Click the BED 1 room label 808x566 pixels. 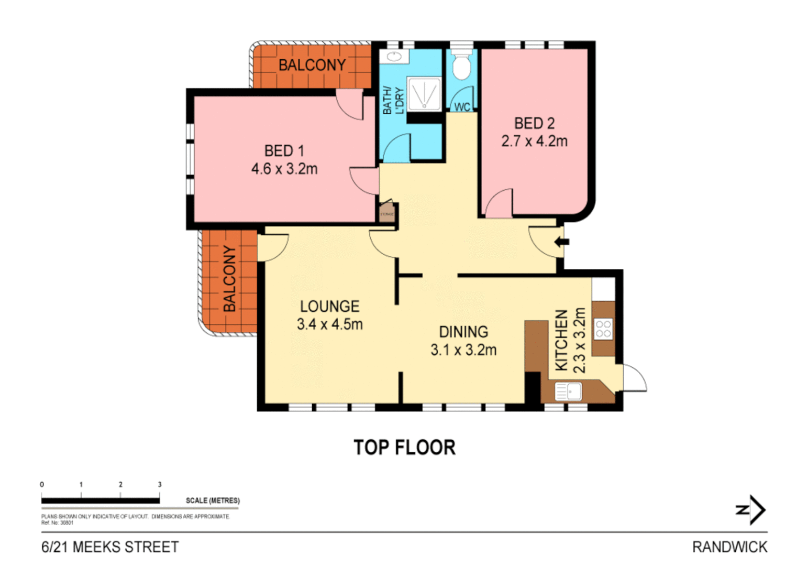click(284, 151)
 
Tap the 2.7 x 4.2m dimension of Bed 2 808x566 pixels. click(534, 141)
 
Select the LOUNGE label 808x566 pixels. click(329, 307)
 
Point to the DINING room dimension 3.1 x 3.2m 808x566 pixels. click(463, 350)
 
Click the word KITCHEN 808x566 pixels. click(561, 340)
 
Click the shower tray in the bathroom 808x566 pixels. click(424, 94)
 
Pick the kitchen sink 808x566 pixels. click(568, 391)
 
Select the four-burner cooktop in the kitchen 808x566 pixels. click(603, 329)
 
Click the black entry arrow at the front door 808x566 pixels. click(562, 242)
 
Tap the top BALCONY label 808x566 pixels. click(312, 66)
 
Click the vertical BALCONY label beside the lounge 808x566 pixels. click(229, 278)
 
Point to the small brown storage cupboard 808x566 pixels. click(387, 213)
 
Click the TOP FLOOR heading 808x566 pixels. click(404, 448)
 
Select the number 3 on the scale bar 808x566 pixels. click(160, 485)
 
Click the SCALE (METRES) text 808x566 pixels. click(213, 500)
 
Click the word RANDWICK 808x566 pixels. click(729, 547)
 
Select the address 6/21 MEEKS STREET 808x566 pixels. click(110, 547)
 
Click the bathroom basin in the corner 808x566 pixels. click(394, 57)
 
